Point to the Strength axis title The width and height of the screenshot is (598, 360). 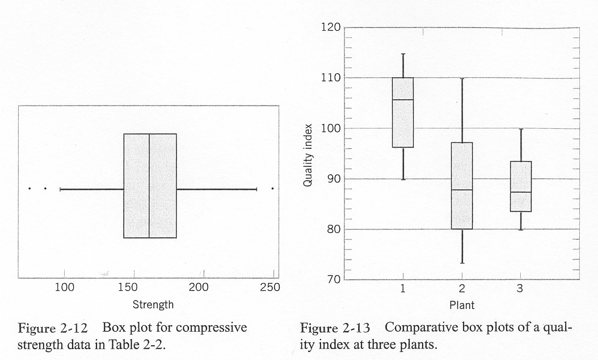click(153, 305)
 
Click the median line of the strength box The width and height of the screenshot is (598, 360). click(149, 186)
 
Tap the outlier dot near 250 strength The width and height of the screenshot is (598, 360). click(273, 189)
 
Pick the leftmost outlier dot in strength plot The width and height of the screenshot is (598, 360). click(30, 189)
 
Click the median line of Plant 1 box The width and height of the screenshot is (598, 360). click(403, 100)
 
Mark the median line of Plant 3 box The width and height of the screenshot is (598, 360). click(520, 192)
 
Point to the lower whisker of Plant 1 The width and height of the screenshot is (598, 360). click(403, 164)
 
